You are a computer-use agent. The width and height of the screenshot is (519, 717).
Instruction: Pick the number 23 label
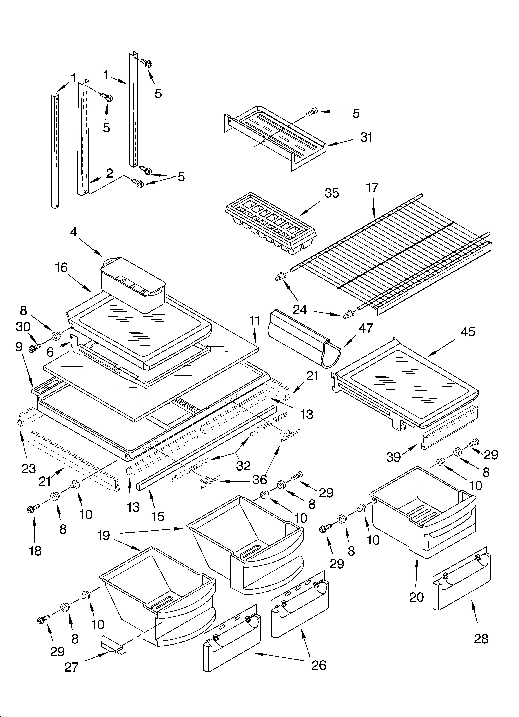click(29, 468)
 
